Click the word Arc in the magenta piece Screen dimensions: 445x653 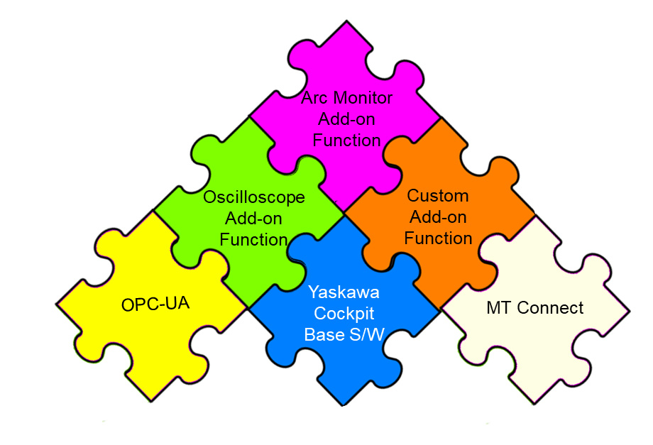click(x=316, y=97)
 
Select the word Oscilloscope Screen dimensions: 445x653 click(x=254, y=197)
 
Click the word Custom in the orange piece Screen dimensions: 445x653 click(x=438, y=195)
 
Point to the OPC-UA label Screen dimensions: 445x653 click(x=156, y=306)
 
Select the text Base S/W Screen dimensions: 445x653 click(x=344, y=334)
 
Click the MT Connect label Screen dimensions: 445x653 click(x=535, y=308)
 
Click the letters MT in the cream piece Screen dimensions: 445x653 click(x=499, y=308)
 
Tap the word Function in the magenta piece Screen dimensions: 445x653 click(x=347, y=141)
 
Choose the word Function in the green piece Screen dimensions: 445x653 click(x=253, y=240)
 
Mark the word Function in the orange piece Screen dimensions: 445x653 click(x=438, y=238)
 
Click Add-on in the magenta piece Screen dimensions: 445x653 click(x=347, y=119)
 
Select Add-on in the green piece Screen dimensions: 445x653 click(x=253, y=218)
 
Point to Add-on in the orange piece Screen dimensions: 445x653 click(x=438, y=217)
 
